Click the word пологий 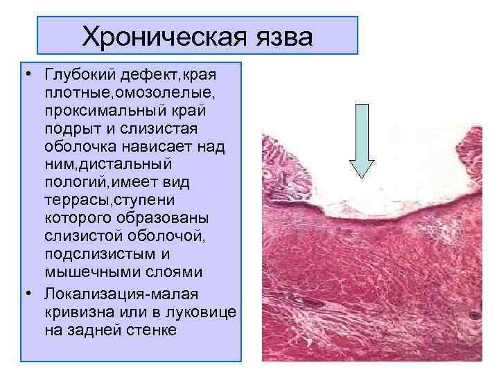[73, 184]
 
